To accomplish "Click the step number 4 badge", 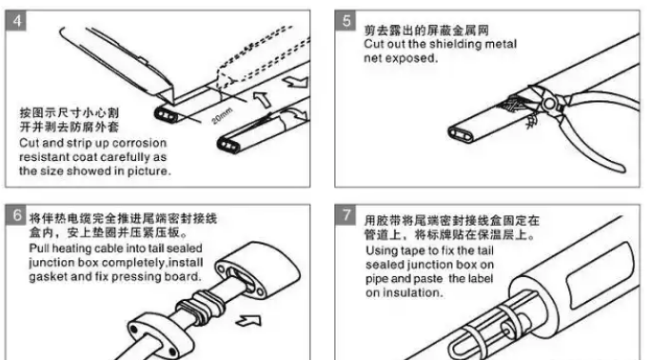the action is click(x=16, y=21).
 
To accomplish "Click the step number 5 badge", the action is click(x=345, y=21).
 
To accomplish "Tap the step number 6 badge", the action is click(x=16, y=215).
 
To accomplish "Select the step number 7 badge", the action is click(x=345, y=215).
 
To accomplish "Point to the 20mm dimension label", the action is click(x=222, y=116).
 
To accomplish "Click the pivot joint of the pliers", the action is click(x=550, y=104).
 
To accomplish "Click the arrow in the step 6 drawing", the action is click(x=248, y=320).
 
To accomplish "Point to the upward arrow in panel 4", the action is click(x=262, y=100).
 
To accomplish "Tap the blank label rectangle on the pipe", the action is click(x=602, y=275).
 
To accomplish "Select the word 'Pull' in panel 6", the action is click(x=39, y=249).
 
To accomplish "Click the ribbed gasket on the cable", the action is click(x=201, y=308).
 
